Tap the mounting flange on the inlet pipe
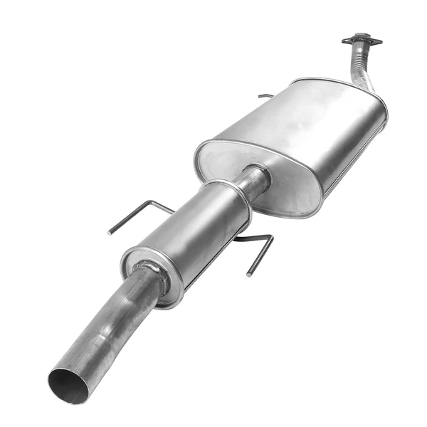362,40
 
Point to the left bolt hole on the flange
347,41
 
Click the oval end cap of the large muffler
256,178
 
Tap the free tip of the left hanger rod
110,232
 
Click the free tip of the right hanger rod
249,273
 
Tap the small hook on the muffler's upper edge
265,95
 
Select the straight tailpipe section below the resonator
107,328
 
